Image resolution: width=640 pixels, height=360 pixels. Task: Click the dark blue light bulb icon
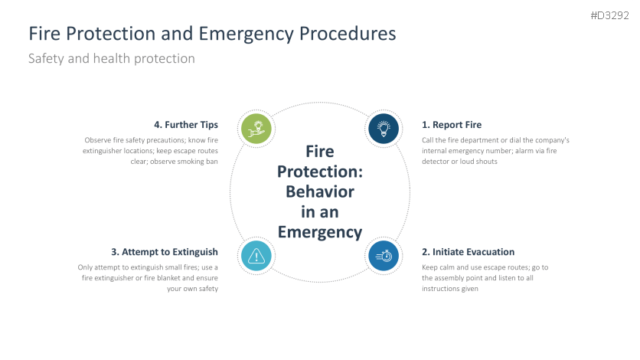click(x=384, y=129)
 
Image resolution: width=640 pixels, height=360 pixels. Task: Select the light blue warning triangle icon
click(x=256, y=256)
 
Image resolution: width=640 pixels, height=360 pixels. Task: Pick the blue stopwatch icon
click(x=384, y=256)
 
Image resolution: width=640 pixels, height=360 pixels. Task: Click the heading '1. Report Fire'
click(x=452, y=125)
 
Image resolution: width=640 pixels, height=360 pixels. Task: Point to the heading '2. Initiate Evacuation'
click(x=468, y=251)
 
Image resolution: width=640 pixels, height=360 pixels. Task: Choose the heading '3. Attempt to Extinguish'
click(x=165, y=251)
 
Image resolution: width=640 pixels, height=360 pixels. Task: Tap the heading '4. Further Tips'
click(x=185, y=125)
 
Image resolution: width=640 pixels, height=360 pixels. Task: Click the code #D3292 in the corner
click(x=610, y=15)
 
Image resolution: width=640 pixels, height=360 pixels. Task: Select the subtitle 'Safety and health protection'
click(x=111, y=58)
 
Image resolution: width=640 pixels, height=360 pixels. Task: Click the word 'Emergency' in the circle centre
click(x=319, y=232)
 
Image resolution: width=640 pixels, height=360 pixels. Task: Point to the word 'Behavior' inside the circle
click(x=320, y=191)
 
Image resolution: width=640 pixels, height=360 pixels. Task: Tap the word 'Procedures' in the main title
click(x=348, y=34)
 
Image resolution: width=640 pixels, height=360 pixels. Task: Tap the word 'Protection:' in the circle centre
click(x=320, y=171)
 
